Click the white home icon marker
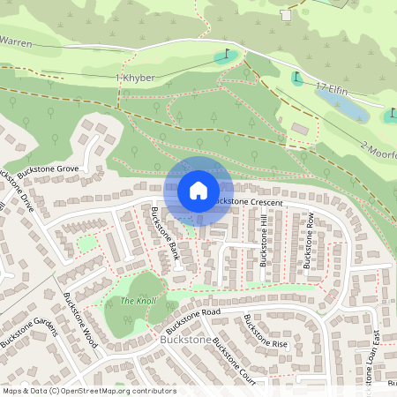(x=198, y=191)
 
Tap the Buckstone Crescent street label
(x=248, y=202)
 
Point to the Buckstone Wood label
(x=80, y=326)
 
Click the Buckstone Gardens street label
(x=28, y=336)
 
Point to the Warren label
(x=19, y=41)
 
